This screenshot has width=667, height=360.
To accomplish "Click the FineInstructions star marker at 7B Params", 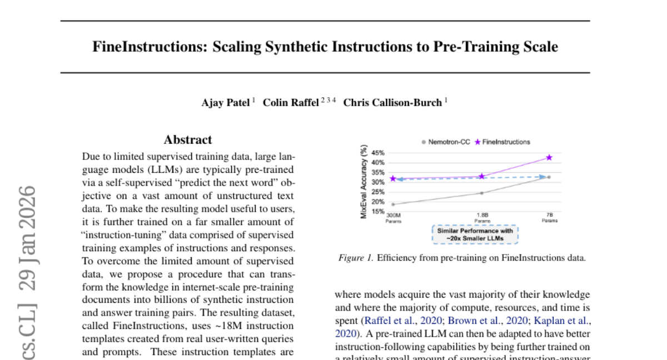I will (x=549, y=158).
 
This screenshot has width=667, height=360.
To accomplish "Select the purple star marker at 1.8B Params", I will (x=481, y=176).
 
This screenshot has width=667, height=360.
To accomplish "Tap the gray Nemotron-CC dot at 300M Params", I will (x=393, y=204).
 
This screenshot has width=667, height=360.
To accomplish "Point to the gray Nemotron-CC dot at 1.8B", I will (x=481, y=193).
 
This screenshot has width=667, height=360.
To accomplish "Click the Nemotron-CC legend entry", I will (x=445, y=142).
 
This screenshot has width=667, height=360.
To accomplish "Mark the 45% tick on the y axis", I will (x=377, y=153).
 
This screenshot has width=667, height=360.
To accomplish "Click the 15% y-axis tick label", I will (x=377, y=211).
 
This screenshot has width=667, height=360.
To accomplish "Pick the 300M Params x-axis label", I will (x=393, y=216).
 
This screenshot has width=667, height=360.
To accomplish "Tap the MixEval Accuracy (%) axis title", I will (x=364, y=181).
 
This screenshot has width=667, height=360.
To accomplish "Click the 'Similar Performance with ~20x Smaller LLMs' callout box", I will (x=475, y=234).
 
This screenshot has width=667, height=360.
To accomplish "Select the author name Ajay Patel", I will (x=226, y=103).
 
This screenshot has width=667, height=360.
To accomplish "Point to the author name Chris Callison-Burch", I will (x=392, y=103).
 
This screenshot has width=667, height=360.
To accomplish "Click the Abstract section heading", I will (x=188, y=140).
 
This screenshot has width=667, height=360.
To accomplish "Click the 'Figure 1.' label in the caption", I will (x=356, y=258).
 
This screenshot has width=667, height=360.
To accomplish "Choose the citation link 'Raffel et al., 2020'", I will (x=401, y=321).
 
